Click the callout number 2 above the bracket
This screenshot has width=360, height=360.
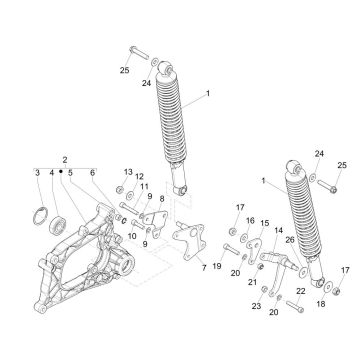coord(65,159)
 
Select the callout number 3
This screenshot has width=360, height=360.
coord(37,173)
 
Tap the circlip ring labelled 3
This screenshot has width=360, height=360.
coord(41,216)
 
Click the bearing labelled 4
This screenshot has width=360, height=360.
coord(57,225)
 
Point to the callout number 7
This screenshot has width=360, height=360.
coord(204,267)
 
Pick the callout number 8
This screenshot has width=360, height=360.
coord(162,199)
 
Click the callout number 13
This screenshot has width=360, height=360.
coord(128,172)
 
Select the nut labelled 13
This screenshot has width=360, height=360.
coord(120,190)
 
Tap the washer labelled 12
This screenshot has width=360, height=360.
coord(130,194)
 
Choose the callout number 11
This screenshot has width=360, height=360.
coord(144,187)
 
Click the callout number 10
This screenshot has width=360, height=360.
coord(132,236)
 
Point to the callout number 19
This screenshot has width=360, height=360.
coord(217,266)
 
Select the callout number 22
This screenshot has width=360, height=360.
coord(301,291)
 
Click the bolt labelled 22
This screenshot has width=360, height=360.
coord(295,306)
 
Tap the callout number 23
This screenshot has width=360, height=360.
coord(256,306)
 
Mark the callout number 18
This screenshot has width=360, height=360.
coord(321,304)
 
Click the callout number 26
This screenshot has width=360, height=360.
coord(290,240)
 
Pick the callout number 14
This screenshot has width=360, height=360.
coord(279,230)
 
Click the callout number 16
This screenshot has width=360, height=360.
coord(250,221)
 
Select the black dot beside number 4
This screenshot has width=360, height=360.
coord(61,172)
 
